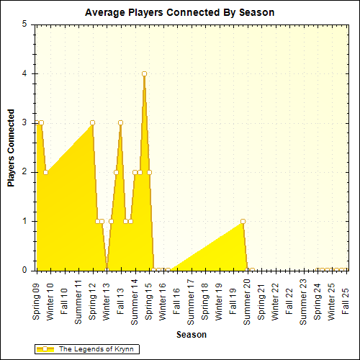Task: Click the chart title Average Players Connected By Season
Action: click(x=179, y=13)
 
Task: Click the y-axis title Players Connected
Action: click(x=11, y=148)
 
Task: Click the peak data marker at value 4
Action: click(x=144, y=73)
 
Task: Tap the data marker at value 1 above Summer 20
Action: click(x=243, y=221)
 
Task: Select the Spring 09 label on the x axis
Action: click(x=36, y=300)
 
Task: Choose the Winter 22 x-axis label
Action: click(x=275, y=300)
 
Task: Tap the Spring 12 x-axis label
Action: click(x=92, y=300)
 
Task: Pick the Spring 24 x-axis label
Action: click(x=318, y=300)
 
